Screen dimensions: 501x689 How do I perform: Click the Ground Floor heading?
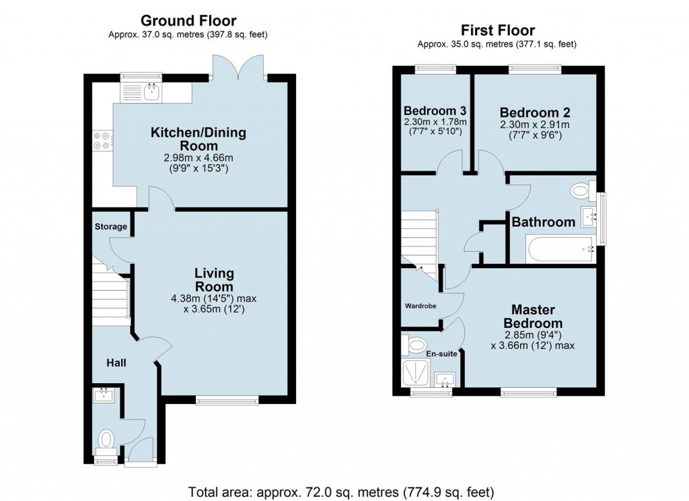pyautogui.click(x=188, y=21)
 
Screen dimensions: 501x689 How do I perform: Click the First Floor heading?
pyautogui.click(x=497, y=30)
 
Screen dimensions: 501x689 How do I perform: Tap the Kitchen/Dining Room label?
pyautogui.click(x=198, y=139)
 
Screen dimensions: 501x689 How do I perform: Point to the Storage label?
pyautogui.click(x=110, y=227)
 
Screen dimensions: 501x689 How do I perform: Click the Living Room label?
pyautogui.click(x=214, y=279)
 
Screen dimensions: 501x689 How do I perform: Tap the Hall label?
pyautogui.click(x=116, y=363)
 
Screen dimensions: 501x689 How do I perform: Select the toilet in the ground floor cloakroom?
pyautogui.click(x=106, y=440)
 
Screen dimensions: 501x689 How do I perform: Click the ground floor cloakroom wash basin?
pyautogui.click(x=104, y=395)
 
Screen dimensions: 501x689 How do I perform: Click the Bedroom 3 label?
pyautogui.click(x=435, y=111)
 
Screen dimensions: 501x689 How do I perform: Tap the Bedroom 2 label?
pyautogui.click(x=530, y=112)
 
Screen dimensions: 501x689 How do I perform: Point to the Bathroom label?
pyautogui.click(x=544, y=222)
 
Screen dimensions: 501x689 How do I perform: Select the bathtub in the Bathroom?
pyautogui.click(x=560, y=250)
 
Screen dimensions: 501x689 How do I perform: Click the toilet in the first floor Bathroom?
pyautogui.click(x=579, y=191)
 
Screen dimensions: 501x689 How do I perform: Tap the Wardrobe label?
pyautogui.click(x=421, y=305)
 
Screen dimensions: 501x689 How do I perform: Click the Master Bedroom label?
pyautogui.click(x=533, y=316)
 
